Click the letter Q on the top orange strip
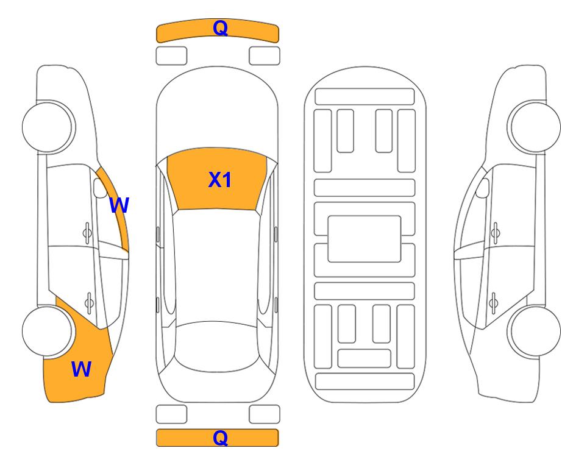[220, 28]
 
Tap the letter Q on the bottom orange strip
[220, 438]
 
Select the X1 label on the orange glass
[220, 180]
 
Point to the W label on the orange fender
[81, 369]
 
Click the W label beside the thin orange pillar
[119, 205]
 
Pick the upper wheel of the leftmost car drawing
[48, 127]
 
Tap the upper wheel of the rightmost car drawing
[534, 127]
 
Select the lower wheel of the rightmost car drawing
[534, 331]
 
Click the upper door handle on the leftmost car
[87, 233]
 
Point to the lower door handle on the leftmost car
[89, 302]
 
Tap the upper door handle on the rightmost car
[496, 233]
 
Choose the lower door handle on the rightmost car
[493, 302]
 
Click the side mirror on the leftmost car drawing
[99, 188]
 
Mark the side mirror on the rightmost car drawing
[483, 188]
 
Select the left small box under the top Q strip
[171, 56]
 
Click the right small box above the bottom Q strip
[265, 414]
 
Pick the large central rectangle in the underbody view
[365, 239]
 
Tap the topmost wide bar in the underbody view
[365, 97]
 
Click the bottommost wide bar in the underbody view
[365, 381]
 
